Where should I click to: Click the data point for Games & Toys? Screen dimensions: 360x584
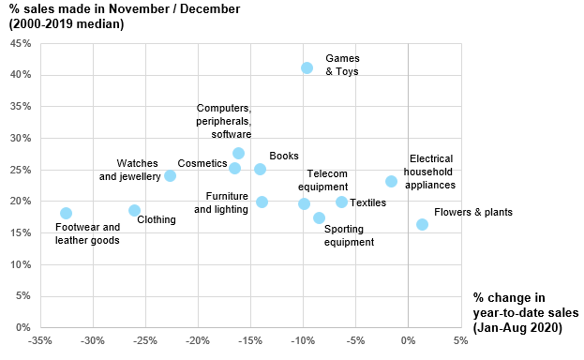click(x=307, y=67)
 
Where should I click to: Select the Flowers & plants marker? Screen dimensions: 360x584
click(x=422, y=224)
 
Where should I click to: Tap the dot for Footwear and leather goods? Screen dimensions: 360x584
click(x=66, y=213)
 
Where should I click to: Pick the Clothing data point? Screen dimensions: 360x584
click(x=134, y=210)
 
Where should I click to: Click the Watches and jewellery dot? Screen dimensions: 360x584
click(x=170, y=175)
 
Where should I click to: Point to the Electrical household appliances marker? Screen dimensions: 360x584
click(x=391, y=181)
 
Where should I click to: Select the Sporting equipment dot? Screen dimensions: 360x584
click(x=319, y=217)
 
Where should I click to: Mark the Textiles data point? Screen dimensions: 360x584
click(x=341, y=202)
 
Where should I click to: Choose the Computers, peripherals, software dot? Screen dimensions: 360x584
click(x=238, y=153)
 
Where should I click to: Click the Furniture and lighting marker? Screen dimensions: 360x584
click(x=262, y=202)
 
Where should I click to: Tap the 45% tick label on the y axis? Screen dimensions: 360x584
click(x=21, y=43)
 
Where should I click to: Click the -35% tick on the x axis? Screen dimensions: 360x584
click(x=40, y=340)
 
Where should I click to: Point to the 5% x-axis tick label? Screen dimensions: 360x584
click(x=459, y=340)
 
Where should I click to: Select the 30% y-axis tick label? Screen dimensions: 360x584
click(x=21, y=138)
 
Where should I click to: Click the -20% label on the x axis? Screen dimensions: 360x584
click(x=198, y=340)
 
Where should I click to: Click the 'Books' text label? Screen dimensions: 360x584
click(x=283, y=156)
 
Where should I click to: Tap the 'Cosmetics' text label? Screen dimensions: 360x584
click(x=202, y=163)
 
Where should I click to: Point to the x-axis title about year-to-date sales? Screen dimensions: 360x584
click(x=526, y=312)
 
